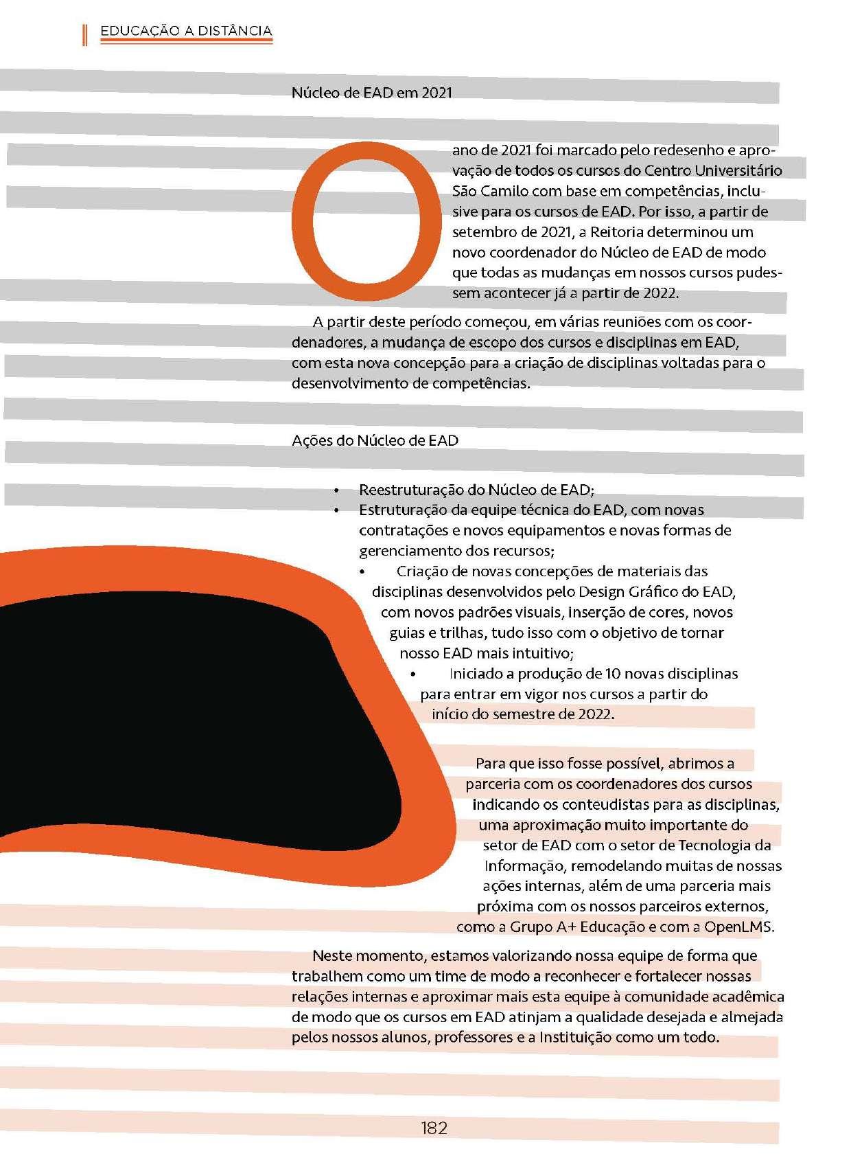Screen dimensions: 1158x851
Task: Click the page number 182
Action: pos(434,1127)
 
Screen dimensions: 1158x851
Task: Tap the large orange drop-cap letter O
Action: pos(366,220)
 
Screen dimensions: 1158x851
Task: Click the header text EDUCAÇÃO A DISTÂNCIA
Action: pos(186,31)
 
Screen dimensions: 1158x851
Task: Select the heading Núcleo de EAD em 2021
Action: pos(372,93)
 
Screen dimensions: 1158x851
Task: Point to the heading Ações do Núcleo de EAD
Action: pos(375,440)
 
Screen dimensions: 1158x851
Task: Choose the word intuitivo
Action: pos(537,652)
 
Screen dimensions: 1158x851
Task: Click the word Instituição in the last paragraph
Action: pos(574,1037)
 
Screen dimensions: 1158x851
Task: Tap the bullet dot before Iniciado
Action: pos(412,674)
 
